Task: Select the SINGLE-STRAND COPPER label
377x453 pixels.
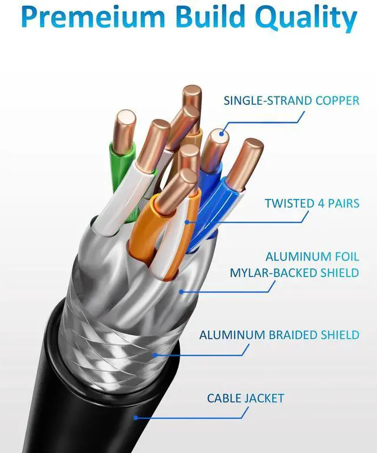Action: (x=291, y=101)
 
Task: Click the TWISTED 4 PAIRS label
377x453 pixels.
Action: (x=312, y=204)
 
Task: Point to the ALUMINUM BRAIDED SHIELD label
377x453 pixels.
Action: (x=279, y=335)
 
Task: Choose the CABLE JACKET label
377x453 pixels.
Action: (x=245, y=398)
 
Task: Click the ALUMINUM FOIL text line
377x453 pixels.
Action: (x=312, y=257)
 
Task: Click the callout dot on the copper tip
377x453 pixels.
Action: (x=222, y=135)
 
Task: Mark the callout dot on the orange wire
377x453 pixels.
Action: (x=188, y=222)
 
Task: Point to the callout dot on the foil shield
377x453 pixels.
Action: (x=182, y=290)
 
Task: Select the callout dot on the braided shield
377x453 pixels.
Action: (x=156, y=355)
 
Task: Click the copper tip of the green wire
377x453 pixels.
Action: (x=125, y=126)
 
